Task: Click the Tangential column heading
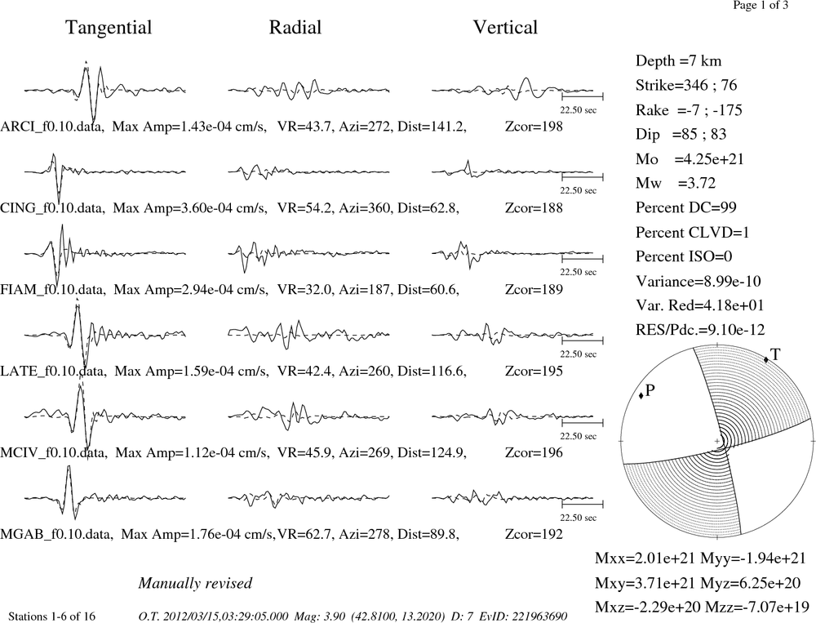109,28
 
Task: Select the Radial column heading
295,28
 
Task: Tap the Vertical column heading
505,28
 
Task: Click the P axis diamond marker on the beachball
641,395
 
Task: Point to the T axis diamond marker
766,359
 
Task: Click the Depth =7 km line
678,61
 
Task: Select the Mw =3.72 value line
676,183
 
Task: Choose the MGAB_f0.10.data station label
56,535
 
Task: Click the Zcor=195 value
534,371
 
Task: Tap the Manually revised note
195,583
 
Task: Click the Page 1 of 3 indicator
761,5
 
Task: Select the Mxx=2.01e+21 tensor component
645,558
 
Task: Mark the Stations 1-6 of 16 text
52,616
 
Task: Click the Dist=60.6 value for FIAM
428,290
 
